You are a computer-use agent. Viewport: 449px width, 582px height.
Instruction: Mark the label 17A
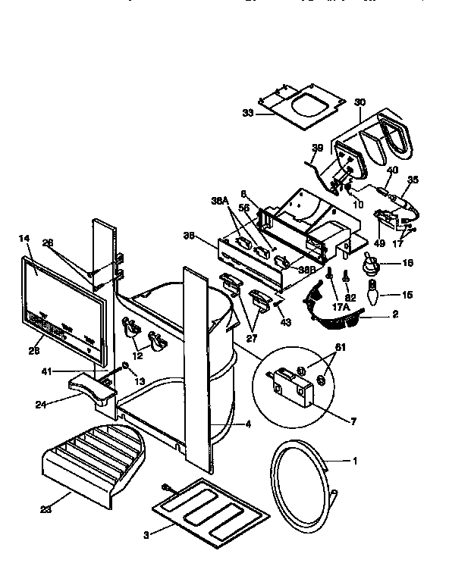click(x=341, y=307)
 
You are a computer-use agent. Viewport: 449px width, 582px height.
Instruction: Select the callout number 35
click(x=413, y=180)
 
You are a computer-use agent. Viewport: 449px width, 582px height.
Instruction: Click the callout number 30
click(x=360, y=102)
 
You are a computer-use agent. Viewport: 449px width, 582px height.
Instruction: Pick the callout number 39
click(x=316, y=148)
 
